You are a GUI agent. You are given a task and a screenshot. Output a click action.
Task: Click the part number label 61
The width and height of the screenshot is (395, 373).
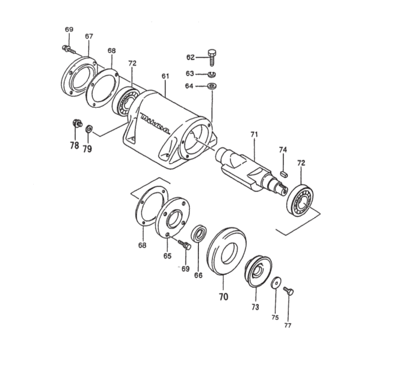coord(165,76)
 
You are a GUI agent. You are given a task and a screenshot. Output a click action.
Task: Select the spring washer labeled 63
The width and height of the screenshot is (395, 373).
coord(212,74)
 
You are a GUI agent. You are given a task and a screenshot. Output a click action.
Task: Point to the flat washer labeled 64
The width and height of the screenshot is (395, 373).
coord(212,86)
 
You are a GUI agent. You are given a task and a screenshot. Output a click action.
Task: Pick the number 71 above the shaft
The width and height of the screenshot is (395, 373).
coord(254,134)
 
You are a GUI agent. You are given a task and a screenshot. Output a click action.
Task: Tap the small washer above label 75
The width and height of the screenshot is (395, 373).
coord(276,283)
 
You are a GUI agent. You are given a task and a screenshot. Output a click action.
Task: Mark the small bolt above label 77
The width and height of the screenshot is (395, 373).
coord(288,291)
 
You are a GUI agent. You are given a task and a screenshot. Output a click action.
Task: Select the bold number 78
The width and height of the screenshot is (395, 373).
coord(74,146)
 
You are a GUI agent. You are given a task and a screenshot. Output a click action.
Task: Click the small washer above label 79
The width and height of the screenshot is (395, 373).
coord(89,129)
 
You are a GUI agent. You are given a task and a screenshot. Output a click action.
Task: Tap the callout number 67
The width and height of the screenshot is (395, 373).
coord(89,36)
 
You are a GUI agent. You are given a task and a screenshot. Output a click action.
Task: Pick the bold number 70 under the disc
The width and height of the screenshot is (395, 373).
coord(223,297)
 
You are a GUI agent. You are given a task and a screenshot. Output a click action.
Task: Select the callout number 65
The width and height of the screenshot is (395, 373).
coord(167,256)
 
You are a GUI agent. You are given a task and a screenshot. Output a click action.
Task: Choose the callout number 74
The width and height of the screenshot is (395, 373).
coord(283,149)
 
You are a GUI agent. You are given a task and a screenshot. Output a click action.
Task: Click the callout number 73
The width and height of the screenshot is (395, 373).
coord(256,307)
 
